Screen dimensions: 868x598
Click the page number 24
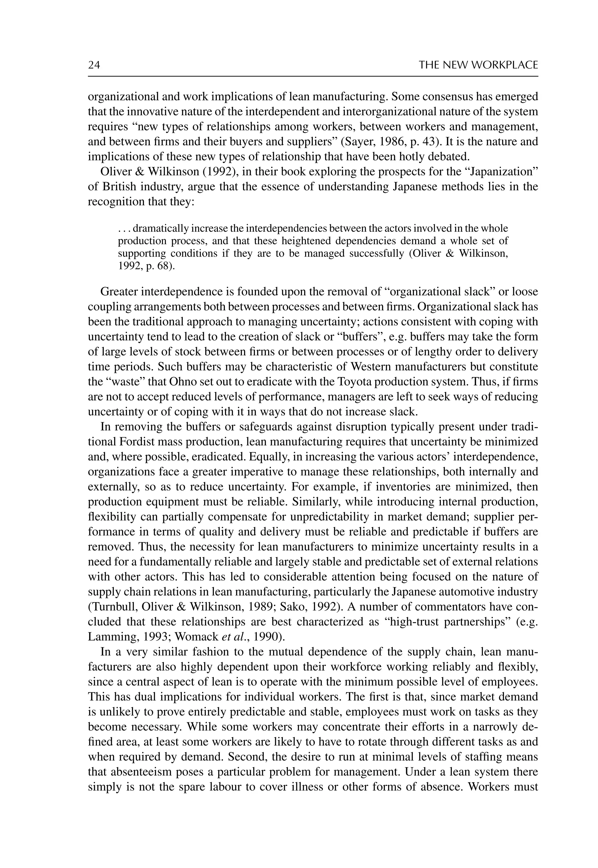pyautogui.click(x=94, y=65)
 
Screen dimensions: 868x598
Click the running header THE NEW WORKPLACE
pyautogui.click(x=478, y=65)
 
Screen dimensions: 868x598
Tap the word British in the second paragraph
pyautogui.click(x=119, y=187)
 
